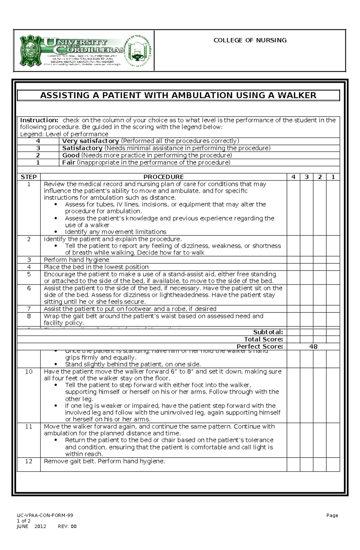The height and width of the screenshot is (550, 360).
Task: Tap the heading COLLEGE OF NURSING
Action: coord(250,40)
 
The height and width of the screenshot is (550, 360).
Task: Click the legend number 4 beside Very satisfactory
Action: coord(38,141)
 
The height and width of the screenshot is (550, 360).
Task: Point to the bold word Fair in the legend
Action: coord(69,162)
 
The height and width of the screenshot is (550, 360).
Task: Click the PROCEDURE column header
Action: coord(163,177)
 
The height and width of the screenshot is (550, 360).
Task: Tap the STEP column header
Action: coord(28,177)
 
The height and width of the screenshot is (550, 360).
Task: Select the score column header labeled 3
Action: coord(307,177)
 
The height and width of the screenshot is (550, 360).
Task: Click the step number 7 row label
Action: coord(29,309)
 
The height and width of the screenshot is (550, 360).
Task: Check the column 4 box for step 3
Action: coord(293,260)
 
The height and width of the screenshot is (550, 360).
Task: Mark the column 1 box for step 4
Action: coord(333,267)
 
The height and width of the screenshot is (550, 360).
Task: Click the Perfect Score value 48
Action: coord(313,346)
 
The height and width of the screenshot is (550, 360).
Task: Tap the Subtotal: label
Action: coord(268,332)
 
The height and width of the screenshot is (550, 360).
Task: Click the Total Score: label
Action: coord(263,339)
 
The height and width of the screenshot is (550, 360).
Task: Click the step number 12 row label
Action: coord(28,461)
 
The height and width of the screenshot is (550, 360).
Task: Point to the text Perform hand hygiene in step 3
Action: coord(76,260)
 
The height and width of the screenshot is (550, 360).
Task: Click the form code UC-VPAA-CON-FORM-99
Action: coord(45,515)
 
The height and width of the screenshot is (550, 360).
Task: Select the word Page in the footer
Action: coord(332,515)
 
